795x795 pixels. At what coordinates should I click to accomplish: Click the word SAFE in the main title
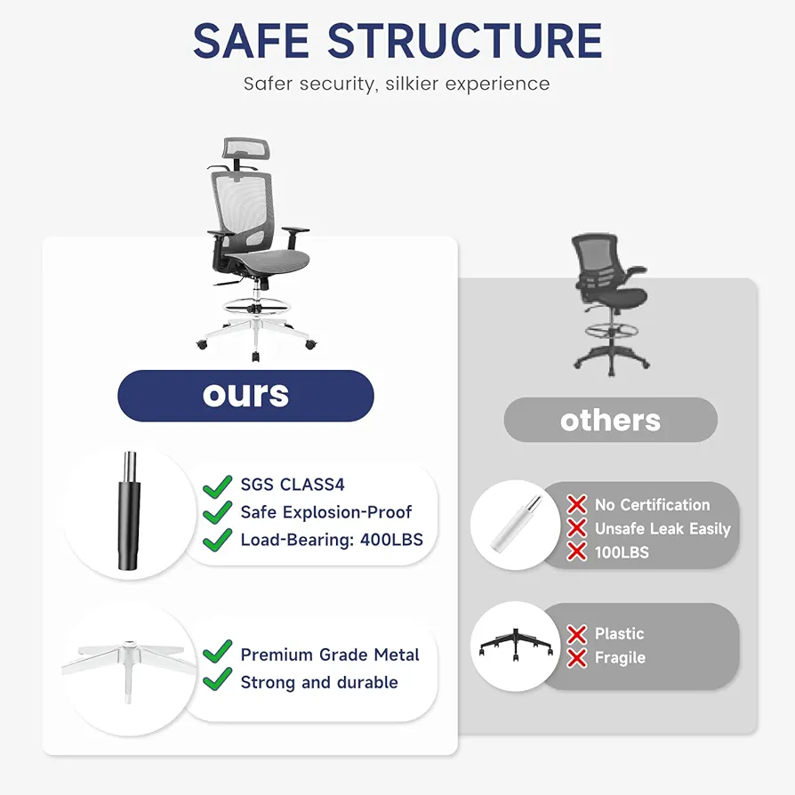[x=251, y=41]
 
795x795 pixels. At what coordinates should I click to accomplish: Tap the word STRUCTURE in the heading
[x=465, y=41]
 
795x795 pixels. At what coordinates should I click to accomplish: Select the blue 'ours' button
[x=246, y=396]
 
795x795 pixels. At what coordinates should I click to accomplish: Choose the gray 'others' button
[x=610, y=420]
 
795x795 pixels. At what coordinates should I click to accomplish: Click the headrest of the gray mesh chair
[x=247, y=148]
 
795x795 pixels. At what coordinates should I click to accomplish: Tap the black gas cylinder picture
[x=129, y=511]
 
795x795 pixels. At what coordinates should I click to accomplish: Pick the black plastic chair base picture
[x=516, y=645]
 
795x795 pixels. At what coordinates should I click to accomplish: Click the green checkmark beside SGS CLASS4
[x=218, y=486]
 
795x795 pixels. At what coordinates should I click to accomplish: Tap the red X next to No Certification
[x=577, y=504]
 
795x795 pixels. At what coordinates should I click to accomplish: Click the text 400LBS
[x=391, y=540]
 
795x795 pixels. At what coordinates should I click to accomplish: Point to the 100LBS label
[x=622, y=552]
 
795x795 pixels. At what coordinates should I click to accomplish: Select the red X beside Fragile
[x=577, y=657]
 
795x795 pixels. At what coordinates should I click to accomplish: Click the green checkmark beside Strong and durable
[x=218, y=679]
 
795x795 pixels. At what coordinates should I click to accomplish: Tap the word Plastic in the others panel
[x=619, y=634]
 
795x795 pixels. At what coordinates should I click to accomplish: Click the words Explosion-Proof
[x=347, y=512]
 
